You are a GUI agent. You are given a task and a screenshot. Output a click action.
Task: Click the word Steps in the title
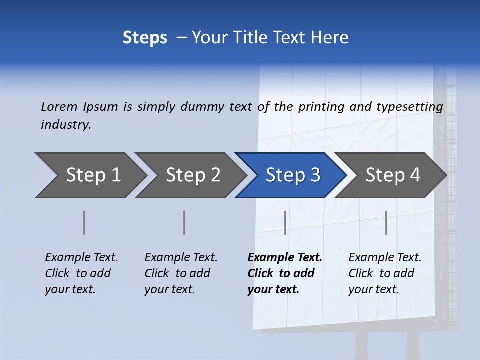coord(145,38)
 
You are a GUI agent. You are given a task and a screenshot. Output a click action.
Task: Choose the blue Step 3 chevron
coord(291,175)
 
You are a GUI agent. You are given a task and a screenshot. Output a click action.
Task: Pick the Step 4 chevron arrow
coord(391,175)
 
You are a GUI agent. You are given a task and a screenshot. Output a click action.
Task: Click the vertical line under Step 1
coord(84,223)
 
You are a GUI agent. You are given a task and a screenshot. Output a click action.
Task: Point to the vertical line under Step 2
coord(184,223)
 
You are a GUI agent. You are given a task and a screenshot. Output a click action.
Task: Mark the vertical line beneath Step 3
coord(285,223)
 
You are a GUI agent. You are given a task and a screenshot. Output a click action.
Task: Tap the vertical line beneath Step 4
coord(386,223)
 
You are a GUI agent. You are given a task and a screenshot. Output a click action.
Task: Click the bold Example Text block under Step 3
coord(284,273)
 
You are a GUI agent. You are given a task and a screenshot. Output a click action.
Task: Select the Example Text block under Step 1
coord(81,273)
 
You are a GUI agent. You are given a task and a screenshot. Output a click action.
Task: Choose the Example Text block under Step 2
coord(181,273)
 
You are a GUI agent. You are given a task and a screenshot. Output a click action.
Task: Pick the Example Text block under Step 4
coord(385,273)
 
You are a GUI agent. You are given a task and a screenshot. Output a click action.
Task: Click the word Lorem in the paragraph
coord(59,107)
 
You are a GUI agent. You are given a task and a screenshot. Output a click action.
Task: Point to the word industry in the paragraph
coord(66,125)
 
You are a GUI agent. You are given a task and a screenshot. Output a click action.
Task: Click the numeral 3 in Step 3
coord(315,175)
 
